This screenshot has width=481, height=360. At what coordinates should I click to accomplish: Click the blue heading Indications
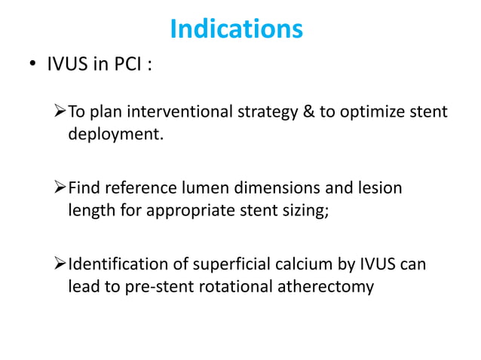point(236,29)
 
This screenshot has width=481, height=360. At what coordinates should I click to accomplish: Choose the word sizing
point(303,212)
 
